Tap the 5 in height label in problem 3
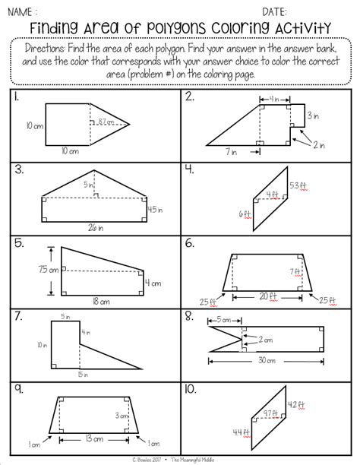tap(89, 184)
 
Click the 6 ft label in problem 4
tap(244, 214)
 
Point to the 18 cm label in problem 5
tap(99, 302)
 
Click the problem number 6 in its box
tap(189, 244)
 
